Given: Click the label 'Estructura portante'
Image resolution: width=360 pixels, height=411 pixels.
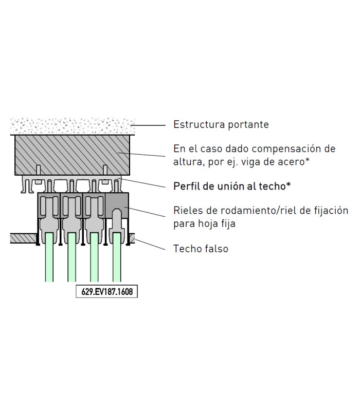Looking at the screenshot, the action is pos(221,124).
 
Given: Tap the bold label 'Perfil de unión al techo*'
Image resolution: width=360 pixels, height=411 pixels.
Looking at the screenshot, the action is pos(232,186).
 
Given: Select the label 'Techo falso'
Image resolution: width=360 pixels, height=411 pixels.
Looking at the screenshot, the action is pos(201,249).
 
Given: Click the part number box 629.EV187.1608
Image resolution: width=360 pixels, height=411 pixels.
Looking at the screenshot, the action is pos(107,291).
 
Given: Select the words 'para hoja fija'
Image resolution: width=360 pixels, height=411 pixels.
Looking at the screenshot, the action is pos(204,224).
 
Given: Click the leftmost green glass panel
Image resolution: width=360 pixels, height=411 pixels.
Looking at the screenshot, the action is pos(49,257).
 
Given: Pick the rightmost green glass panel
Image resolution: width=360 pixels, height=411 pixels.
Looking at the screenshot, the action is pos(117,257).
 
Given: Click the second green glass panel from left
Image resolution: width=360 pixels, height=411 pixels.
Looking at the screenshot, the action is pos(72,257).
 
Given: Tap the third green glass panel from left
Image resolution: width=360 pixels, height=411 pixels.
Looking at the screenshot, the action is pos(95,257).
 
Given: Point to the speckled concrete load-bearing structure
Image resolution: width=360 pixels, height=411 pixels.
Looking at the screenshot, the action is pos(73,126).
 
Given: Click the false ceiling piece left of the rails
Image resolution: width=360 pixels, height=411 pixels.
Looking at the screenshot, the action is pos(23,238).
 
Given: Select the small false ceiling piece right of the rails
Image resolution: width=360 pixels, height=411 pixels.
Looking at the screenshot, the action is pos(132,238).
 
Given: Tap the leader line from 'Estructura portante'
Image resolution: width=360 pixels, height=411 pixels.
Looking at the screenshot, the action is pos(148,125).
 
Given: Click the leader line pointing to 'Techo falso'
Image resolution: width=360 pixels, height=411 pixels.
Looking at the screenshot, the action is pos(150,245).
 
